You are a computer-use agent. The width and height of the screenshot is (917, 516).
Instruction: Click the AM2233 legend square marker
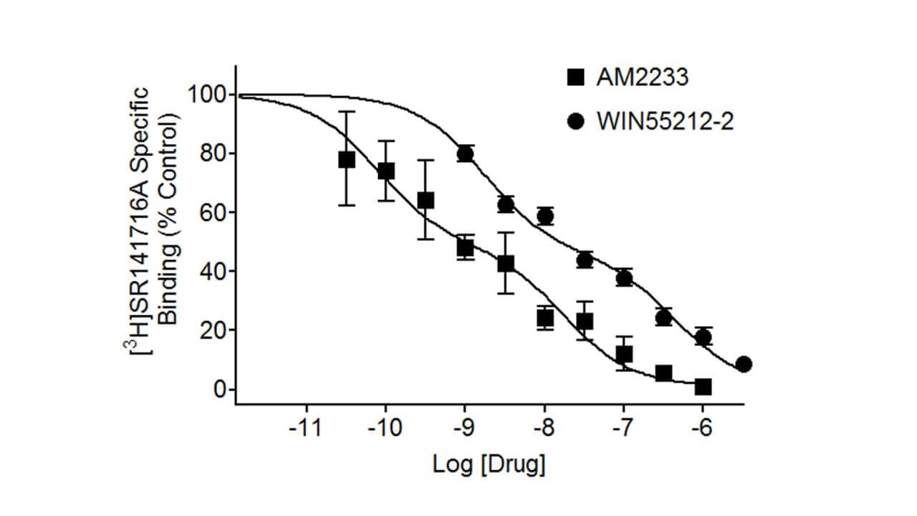575,77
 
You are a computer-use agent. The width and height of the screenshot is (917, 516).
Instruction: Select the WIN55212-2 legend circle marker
575,122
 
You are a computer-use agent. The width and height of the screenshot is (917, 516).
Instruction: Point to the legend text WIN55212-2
665,122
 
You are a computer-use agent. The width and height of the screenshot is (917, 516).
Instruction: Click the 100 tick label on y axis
206,95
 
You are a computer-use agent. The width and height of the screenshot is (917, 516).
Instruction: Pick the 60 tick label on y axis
212,213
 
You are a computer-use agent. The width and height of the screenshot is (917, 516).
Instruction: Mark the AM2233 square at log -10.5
347,159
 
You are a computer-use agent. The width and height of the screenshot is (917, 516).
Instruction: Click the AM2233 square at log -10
386,171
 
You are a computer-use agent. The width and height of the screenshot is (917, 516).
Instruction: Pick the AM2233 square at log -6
703,387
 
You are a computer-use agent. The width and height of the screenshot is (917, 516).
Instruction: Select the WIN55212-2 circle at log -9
466,153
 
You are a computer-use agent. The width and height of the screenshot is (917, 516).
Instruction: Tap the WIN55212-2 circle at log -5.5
744,364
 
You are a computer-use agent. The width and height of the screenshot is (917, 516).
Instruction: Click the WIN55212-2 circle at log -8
545,216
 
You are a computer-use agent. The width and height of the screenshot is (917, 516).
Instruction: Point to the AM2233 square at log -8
545,317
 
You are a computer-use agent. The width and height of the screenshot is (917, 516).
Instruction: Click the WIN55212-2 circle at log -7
624,278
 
